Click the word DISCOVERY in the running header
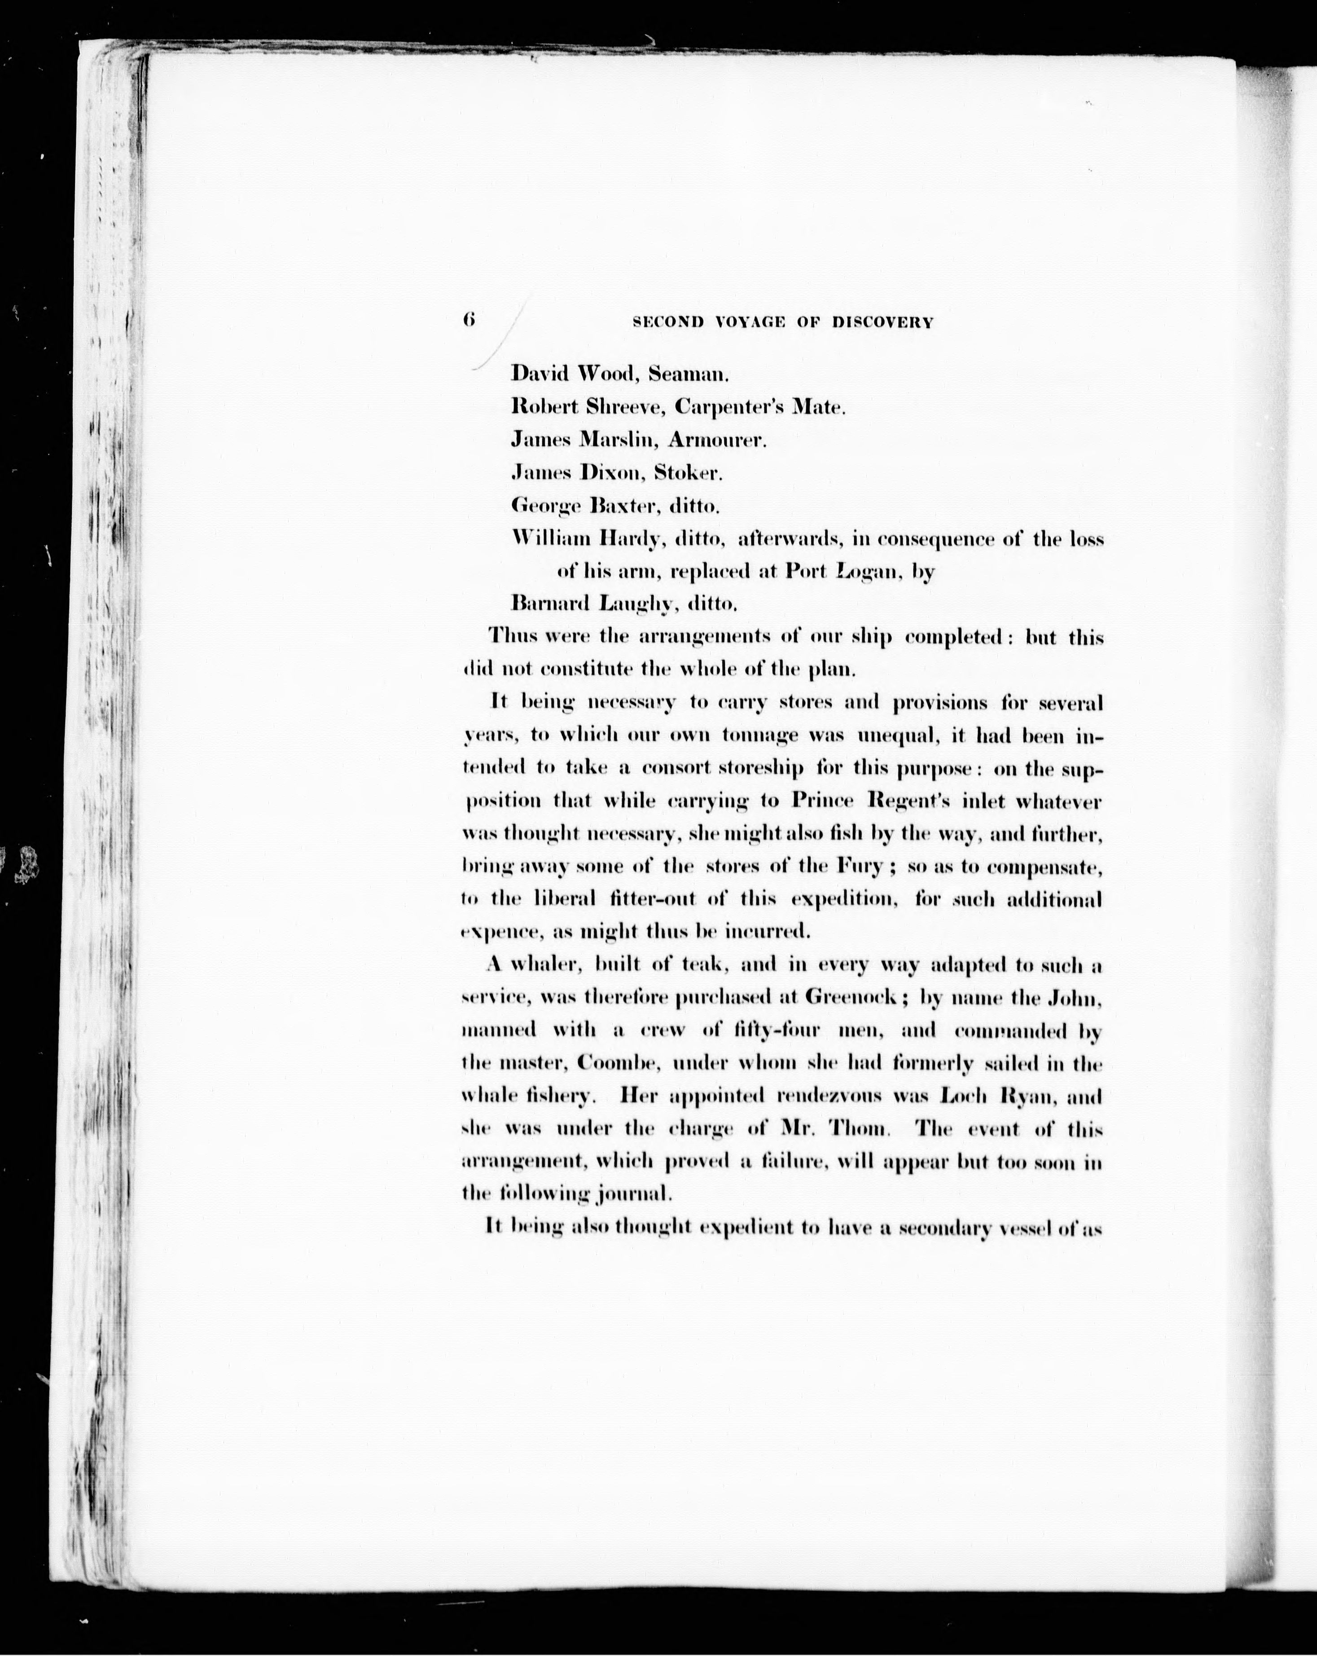point(882,323)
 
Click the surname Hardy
point(631,540)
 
